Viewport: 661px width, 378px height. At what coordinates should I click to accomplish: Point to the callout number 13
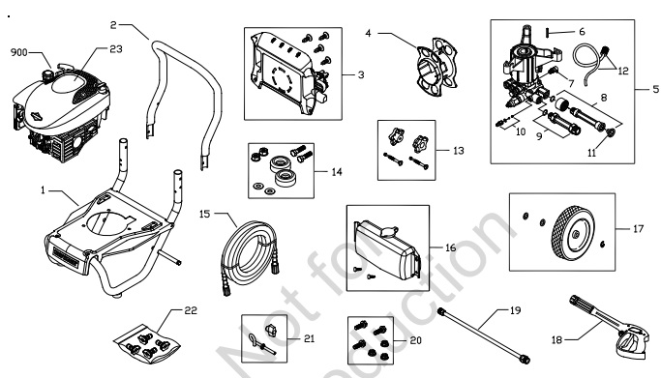coord(457,152)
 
